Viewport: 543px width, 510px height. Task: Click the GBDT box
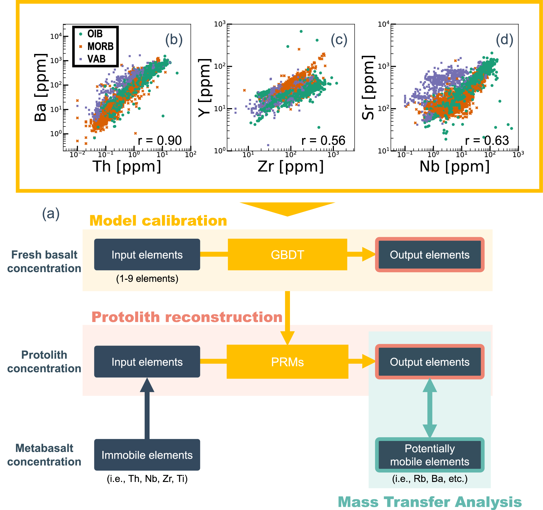click(287, 254)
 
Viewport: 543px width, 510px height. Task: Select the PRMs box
click(287, 362)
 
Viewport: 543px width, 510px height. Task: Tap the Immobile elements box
click(147, 455)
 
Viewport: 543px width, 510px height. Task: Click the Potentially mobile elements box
click(429, 455)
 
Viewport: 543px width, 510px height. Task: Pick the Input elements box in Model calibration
click(147, 254)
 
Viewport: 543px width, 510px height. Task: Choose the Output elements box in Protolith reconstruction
click(429, 362)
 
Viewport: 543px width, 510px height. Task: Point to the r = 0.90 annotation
click(160, 141)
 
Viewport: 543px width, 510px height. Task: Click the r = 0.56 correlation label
click(323, 141)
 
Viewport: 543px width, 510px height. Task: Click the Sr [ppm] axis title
click(368, 87)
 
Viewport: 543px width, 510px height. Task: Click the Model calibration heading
click(158, 221)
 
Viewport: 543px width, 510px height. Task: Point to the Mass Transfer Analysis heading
click(430, 502)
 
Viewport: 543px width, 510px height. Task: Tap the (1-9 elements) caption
click(147, 279)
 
